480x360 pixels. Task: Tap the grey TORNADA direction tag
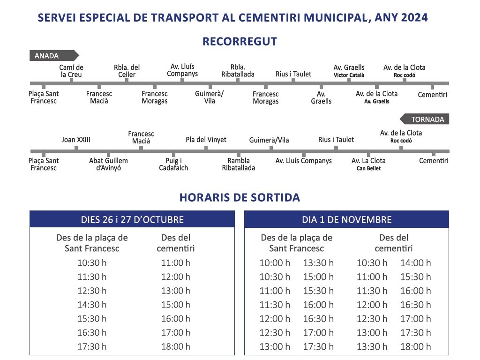[425, 119]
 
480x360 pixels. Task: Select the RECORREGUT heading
[240, 42]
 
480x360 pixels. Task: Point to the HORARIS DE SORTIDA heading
[240, 197]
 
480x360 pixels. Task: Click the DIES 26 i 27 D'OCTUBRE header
[132, 219]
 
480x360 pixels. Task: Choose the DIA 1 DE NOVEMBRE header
[346, 219]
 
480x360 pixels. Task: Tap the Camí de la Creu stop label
[71, 71]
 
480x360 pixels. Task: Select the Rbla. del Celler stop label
[127, 71]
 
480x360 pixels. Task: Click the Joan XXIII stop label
[76, 140]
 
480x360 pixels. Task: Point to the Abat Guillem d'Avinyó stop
[108, 164]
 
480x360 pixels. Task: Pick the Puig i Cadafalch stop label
[173, 164]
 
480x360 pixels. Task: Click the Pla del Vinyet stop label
[206, 140]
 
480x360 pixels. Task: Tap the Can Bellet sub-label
[368, 168]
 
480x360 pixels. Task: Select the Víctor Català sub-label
[349, 75]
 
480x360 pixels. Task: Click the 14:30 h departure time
[92, 305]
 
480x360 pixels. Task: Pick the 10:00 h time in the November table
[275, 263]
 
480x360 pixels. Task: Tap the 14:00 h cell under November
[415, 263]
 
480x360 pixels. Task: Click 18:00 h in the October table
[176, 347]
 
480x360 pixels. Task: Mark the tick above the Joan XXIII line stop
[76, 148]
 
